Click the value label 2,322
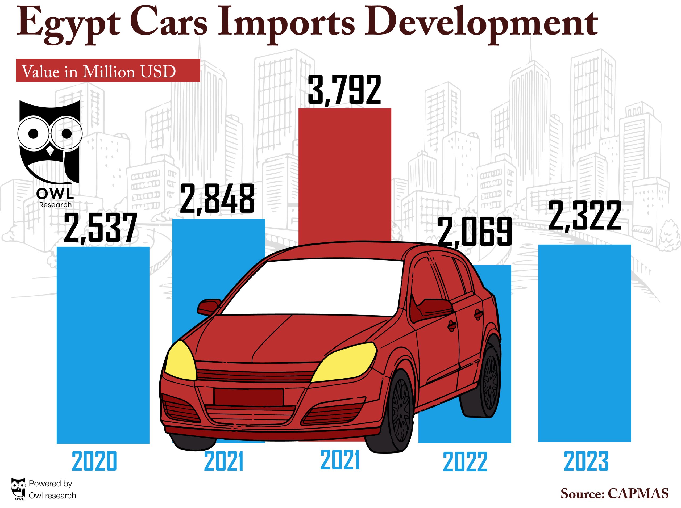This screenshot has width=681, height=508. pyautogui.click(x=585, y=216)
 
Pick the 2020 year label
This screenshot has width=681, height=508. pyautogui.click(x=94, y=461)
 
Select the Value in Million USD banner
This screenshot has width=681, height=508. pyautogui.click(x=108, y=70)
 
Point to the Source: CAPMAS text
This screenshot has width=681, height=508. pyautogui.click(x=614, y=494)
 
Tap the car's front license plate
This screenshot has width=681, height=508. pyautogui.click(x=248, y=397)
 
